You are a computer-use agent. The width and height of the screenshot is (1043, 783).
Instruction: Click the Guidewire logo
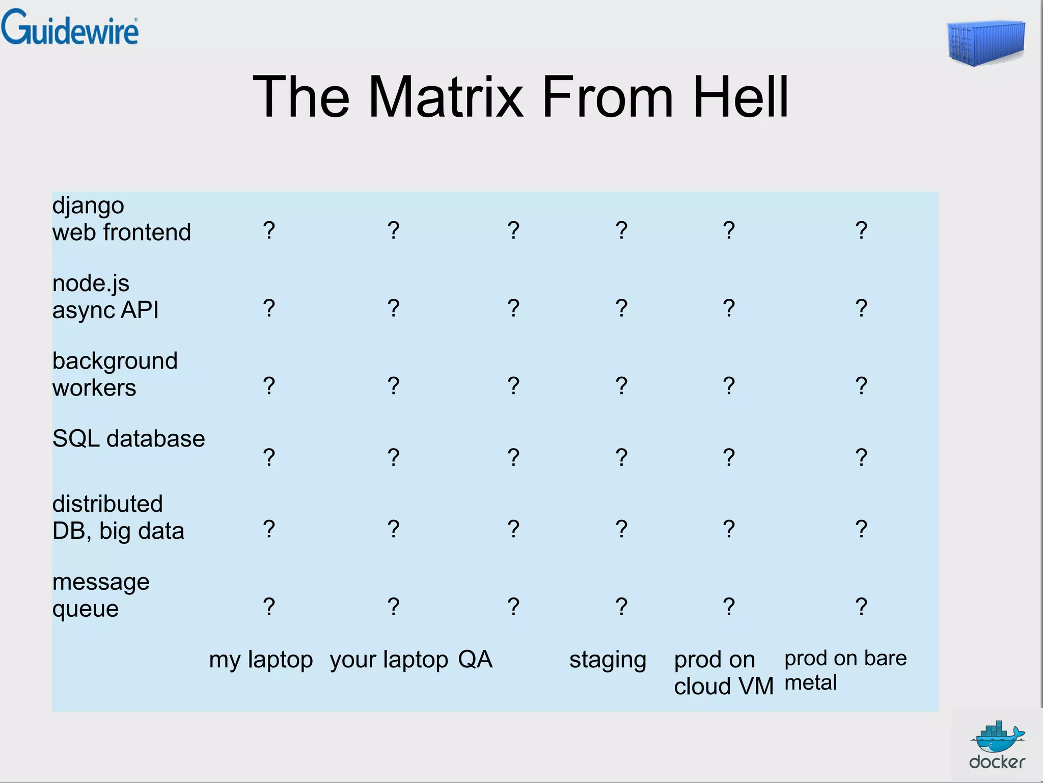(69, 28)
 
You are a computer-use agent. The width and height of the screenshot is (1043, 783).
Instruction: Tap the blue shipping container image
(986, 44)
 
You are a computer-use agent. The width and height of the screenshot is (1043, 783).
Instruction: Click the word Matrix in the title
(446, 97)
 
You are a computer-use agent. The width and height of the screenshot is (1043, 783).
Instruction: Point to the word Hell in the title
(740, 97)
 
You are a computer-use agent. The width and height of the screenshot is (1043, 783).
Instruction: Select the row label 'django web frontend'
(121, 219)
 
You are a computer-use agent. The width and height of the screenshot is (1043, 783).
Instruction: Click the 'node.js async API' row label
(105, 297)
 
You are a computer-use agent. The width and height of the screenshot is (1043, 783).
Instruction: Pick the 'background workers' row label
(115, 374)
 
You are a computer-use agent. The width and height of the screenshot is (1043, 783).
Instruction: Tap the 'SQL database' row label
(128, 439)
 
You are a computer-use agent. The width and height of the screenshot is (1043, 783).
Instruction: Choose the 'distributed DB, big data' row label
(118, 517)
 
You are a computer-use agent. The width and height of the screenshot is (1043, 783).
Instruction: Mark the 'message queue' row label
(101, 595)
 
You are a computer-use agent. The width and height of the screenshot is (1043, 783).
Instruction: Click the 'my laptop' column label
(261, 660)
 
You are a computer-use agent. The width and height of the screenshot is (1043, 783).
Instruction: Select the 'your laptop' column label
(389, 660)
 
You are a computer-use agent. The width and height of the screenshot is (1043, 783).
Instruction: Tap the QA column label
(475, 660)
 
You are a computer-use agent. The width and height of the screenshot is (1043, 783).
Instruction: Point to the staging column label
(608, 660)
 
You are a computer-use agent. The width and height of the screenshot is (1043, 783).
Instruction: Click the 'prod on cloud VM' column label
(724, 673)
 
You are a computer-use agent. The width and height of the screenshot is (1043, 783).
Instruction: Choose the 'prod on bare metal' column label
(845, 670)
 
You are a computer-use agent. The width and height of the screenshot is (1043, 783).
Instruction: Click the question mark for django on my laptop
(269, 230)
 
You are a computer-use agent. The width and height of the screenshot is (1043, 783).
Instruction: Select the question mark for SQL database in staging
(621, 457)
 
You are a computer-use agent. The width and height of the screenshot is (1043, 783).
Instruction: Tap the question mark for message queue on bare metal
(861, 607)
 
